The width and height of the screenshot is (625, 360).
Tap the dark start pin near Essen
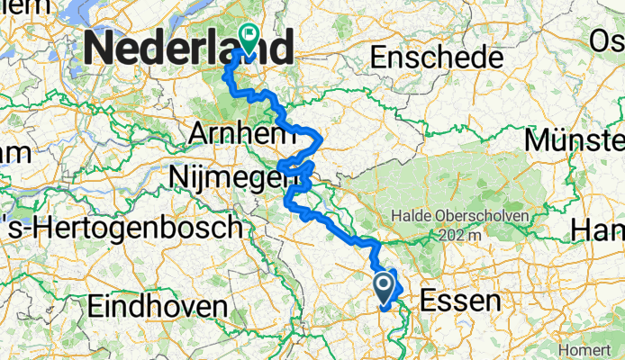383,289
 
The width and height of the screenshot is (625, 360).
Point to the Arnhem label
242,135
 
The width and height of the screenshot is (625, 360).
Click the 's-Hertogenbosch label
121,228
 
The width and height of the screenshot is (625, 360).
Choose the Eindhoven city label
157,306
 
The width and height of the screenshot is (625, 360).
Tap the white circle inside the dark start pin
383,286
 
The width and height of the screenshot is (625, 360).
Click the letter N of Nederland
103,48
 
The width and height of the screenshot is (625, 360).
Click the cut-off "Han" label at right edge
598,231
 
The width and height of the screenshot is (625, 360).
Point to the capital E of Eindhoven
95,306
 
